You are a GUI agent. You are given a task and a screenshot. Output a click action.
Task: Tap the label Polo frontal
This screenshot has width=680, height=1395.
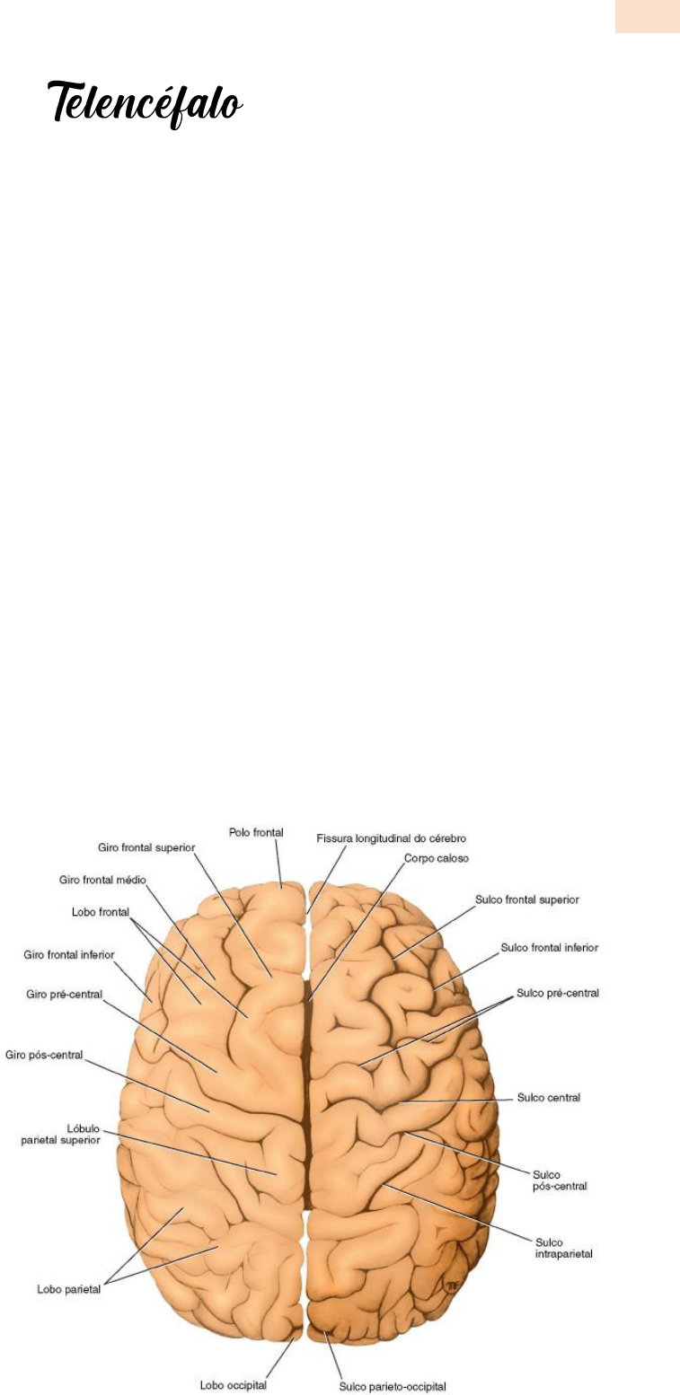pos(256,833)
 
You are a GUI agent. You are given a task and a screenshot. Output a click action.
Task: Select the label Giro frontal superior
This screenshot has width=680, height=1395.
pos(146,847)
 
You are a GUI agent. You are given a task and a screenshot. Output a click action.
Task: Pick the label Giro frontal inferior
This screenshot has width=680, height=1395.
pos(69,955)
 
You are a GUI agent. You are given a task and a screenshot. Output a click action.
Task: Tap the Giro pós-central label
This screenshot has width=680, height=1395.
pos(44,1055)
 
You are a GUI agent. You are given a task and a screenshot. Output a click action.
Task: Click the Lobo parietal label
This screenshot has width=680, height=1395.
pos(68,1290)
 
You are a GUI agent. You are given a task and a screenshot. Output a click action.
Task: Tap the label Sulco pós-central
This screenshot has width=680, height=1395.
pos(560,1180)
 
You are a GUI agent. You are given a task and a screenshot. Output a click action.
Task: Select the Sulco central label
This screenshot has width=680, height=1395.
pos(549,1098)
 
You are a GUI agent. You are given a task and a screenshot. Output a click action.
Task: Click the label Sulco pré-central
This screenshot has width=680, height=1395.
pos(557,994)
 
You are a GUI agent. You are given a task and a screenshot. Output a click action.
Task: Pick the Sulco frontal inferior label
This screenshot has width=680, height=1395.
pos(550,947)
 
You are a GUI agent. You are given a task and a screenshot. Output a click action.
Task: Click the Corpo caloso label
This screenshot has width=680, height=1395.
pos(437,858)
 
